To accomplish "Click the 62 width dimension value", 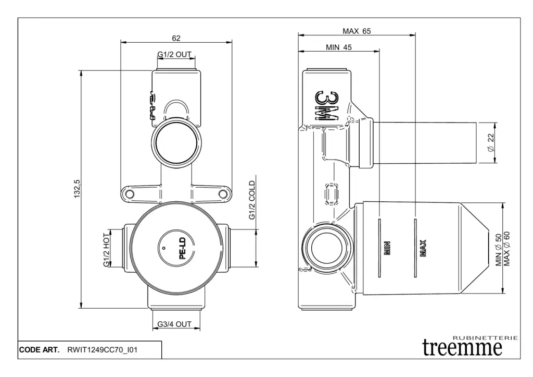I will point(176,38).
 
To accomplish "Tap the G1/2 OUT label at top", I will point(175,54).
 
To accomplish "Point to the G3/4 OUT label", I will point(175,324).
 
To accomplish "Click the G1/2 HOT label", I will point(106,249).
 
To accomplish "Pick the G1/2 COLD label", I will point(252,201).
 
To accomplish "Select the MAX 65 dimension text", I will point(357,31).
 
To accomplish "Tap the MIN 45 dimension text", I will point(339,47).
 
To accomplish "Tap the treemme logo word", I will point(463,347).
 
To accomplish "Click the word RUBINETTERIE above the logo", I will point(486,338).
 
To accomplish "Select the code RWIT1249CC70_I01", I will point(102,350).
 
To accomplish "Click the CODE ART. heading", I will point(40,350).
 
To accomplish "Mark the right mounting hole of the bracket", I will point(223,194).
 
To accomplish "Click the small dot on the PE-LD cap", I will point(163,249).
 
